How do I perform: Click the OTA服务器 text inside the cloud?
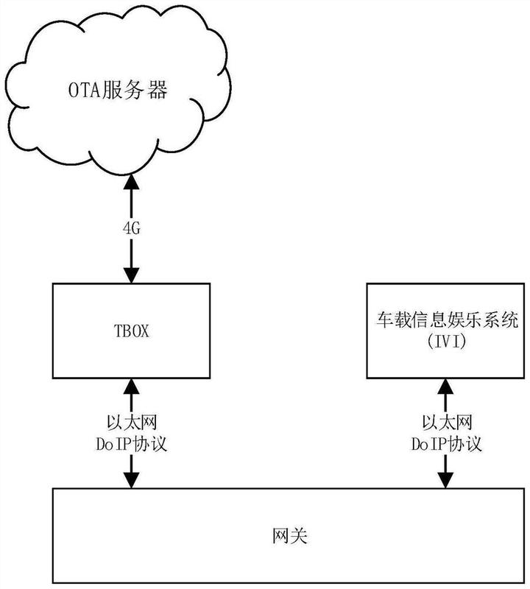[118, 91]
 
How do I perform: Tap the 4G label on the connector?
[132, 228]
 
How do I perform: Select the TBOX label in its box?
[131, 331]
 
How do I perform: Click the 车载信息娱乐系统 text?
[447, 320]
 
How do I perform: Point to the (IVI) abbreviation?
[446, 341]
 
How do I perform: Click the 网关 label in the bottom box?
[289, 536]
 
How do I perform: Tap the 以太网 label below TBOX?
[132, 423]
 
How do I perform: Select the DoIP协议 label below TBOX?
[132, 444]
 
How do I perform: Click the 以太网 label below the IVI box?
[447, 423]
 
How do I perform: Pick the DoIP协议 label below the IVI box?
[446, 444]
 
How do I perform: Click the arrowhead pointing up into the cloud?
[132, 181]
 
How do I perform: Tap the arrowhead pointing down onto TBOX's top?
[132, 275]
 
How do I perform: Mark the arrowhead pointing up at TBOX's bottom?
[132, 387]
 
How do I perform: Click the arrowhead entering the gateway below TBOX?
[132, 481]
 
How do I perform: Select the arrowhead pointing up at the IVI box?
[446, 387]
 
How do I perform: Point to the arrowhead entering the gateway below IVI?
[446, 481]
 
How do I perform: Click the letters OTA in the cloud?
[85, 91]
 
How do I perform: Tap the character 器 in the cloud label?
[158, 91]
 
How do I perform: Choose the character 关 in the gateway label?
[299, 536]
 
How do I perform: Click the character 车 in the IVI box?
[386, 320]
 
